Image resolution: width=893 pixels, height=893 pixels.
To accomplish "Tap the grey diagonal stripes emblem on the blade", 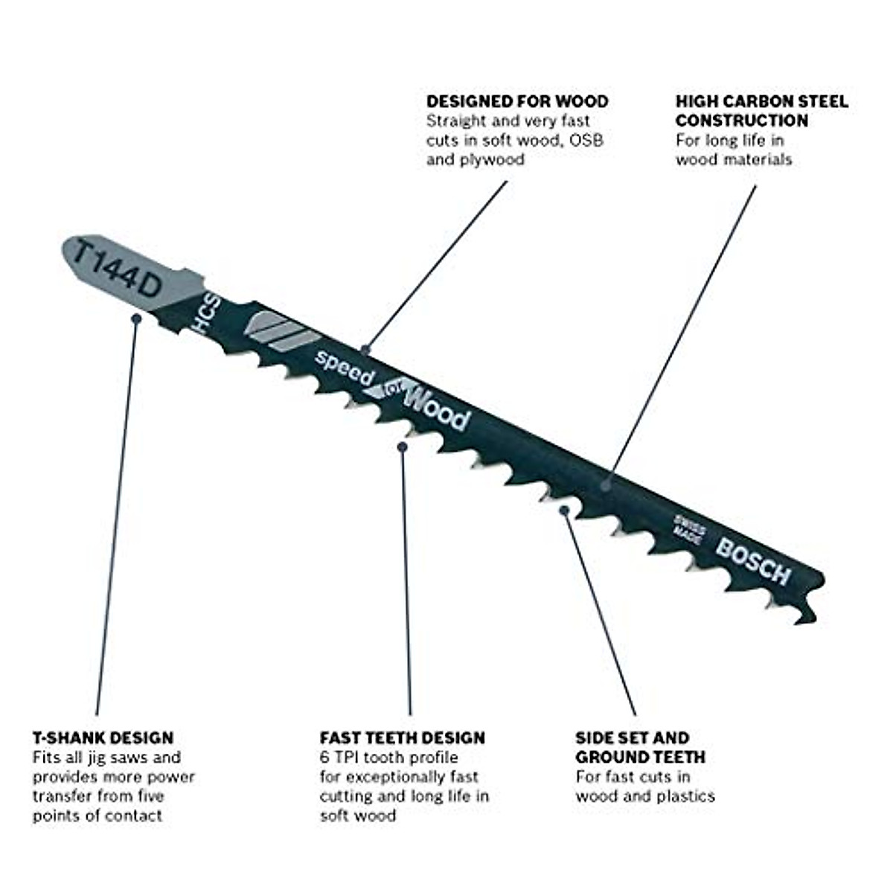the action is [277, 331].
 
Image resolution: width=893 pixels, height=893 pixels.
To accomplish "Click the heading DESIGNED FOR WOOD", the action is [517, 101].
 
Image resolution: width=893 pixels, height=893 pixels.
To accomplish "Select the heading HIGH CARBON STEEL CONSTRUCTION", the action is [761, 111].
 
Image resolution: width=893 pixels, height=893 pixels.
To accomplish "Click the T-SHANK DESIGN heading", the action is [103, 738].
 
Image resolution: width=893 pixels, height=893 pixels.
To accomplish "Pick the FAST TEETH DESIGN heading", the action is [402, 738].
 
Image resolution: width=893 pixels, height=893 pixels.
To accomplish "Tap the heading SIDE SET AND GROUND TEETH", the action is [640, 748].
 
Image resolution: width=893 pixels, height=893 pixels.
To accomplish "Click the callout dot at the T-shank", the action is [136, 318].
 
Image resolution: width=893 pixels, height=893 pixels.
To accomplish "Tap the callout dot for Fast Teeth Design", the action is [403, 446].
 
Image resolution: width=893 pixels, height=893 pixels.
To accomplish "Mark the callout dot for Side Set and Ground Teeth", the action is [565, 510].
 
